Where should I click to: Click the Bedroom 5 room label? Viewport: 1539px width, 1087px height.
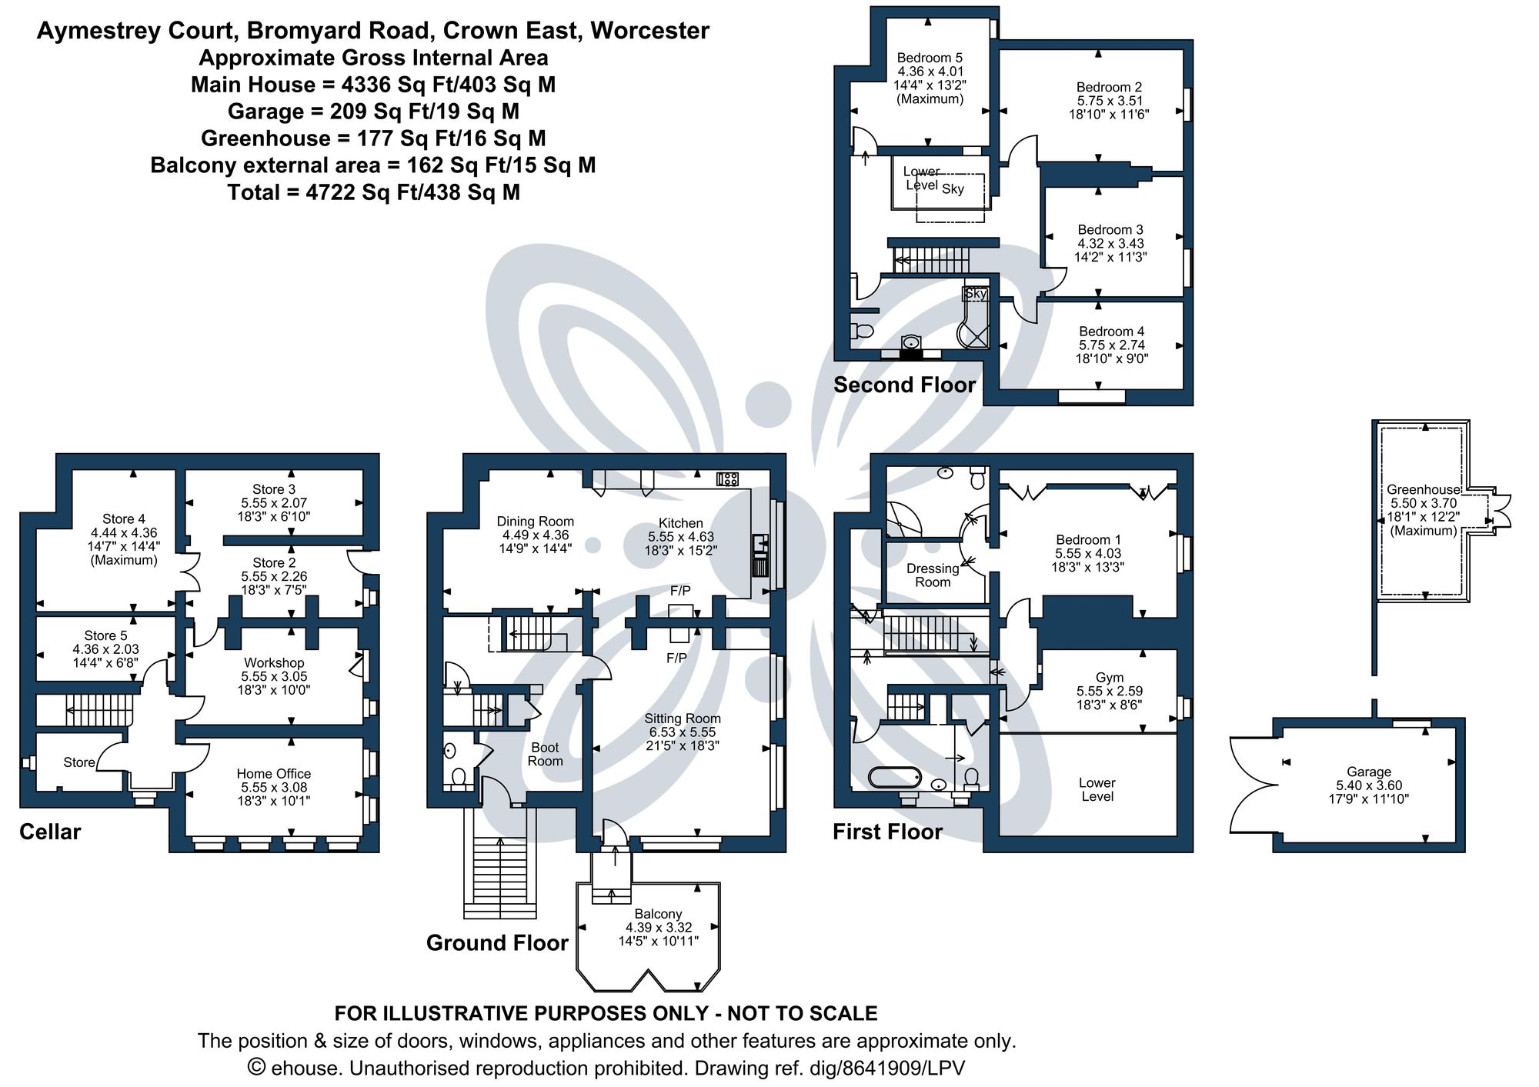[930, 58]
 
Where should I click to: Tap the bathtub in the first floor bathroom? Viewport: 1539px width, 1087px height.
[894, 777]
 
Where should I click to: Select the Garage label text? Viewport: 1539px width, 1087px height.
[1369, 772]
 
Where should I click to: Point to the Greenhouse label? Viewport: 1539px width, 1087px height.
[1423, 489]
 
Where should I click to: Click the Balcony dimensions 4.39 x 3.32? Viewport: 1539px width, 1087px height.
[658, 928]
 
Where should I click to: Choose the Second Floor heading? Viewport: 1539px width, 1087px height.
[904, 385]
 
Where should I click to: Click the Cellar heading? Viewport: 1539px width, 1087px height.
[50, 832]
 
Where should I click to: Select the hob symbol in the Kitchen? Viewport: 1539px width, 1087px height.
[727, 479]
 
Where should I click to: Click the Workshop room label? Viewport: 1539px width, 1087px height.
[274, 662]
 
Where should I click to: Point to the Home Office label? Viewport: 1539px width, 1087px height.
[274, 773]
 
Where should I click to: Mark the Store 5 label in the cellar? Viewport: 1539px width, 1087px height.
[105, 635]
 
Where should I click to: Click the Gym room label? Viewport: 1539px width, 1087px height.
[1109, 677]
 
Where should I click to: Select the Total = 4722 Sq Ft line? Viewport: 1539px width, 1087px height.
[373, 192]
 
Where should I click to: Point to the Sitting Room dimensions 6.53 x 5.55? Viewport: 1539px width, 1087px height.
[682, 732]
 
